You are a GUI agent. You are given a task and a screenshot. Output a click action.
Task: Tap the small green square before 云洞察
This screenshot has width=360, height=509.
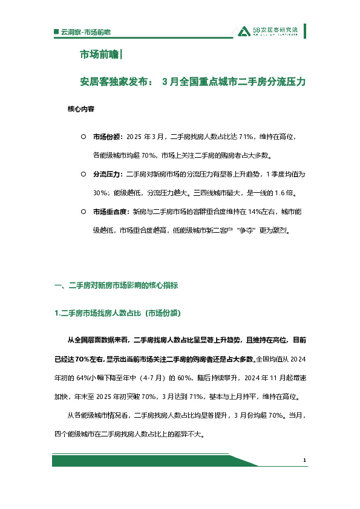56,31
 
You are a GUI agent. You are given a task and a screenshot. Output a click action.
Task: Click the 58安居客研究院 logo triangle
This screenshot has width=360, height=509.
243,32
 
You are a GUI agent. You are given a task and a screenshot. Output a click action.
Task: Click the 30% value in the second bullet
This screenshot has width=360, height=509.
100,193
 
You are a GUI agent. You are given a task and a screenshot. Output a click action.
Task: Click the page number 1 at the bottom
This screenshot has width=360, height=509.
306,461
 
